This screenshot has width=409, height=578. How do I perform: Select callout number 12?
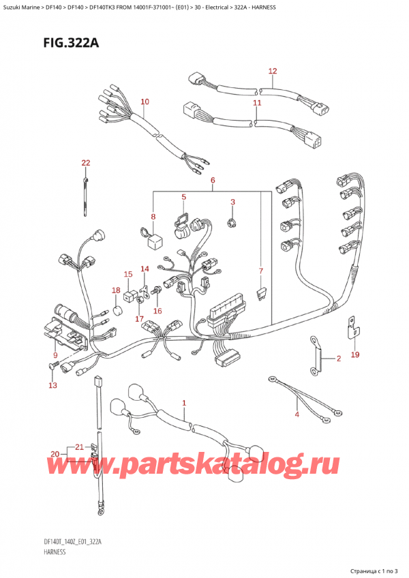[x=273, y=71]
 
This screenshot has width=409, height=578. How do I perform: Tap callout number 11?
[x=257, y=103]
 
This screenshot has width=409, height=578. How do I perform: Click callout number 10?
[x=144, y=102]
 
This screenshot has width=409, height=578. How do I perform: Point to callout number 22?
[x=85, y=163]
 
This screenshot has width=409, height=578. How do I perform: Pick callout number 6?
[x=213, y=180]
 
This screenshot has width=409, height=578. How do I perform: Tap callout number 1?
[x=184, y=404]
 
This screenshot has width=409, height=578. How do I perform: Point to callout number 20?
[x=55, y=455]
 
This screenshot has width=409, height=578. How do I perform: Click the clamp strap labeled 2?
[x=314, y=354]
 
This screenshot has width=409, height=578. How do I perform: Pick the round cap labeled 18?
[x=117, y=312]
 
